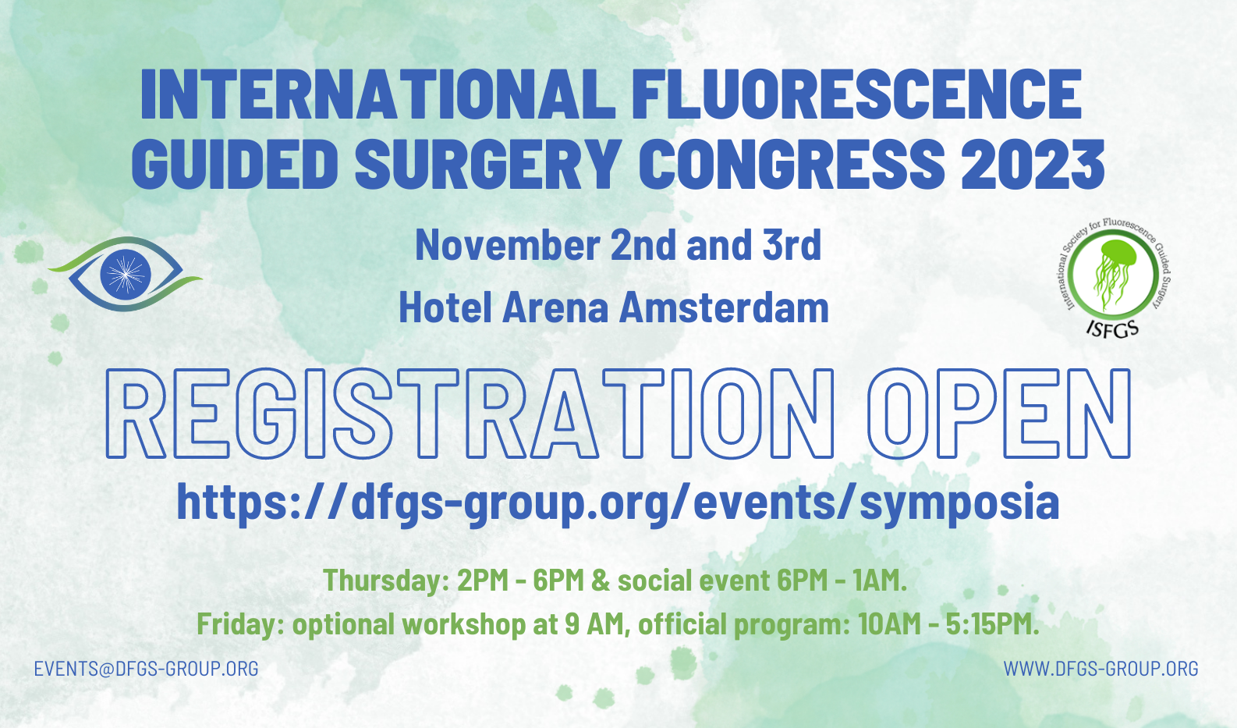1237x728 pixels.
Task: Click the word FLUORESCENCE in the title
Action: point(856,94)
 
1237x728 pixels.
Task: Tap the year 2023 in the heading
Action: point(1033,164)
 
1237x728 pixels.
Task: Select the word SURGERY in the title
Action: point(486,164)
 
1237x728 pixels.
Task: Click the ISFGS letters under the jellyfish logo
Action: point(1112,328)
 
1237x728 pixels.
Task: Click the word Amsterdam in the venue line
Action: point(724,307)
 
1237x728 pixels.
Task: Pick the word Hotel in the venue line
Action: point(445,307)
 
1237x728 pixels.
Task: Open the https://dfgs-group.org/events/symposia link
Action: point(618,502)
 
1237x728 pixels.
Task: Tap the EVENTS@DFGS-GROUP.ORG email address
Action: point(147,669)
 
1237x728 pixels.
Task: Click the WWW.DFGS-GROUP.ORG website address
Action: point(1101,669)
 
